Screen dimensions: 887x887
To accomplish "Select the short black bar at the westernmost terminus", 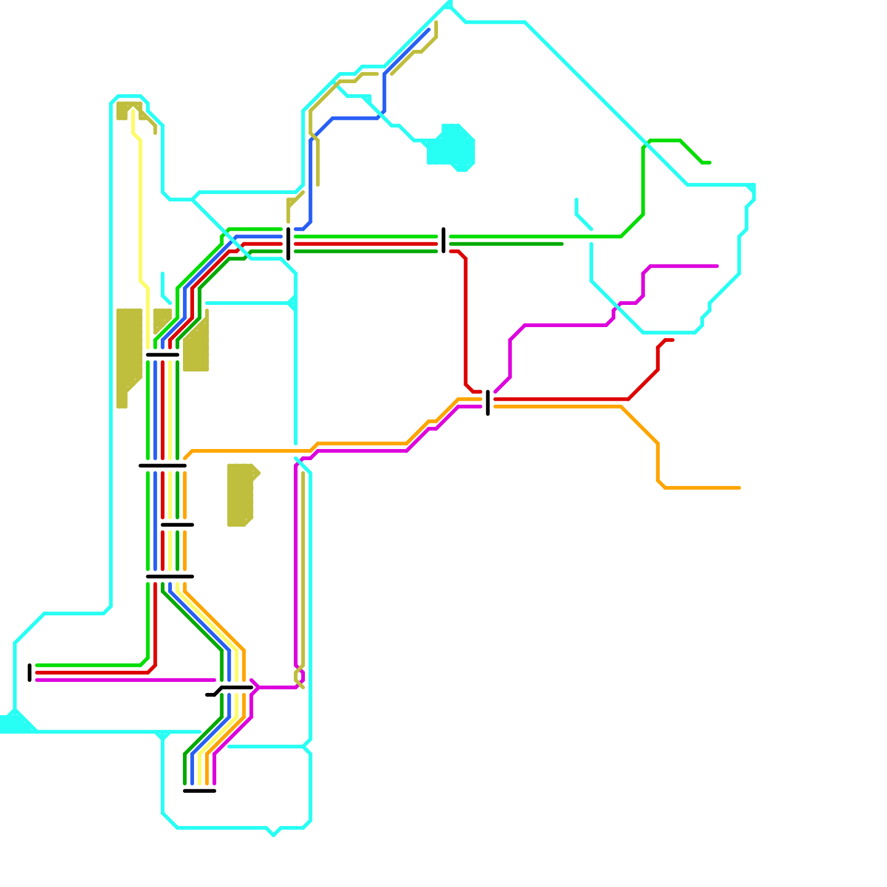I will [30, 672].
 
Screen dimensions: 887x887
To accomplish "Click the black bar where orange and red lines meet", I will [488, 402].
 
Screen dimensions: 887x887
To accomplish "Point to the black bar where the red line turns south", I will [443, 240].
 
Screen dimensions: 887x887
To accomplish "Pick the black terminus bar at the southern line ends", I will [200, 791].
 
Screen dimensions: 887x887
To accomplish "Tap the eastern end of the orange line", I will [739, 488].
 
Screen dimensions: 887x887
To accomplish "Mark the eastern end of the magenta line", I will [717, 266].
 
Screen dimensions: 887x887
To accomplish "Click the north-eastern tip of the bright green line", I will [709, 162].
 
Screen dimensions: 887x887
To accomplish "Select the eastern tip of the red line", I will [672, 340].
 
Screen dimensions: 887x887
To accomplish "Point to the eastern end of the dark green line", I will [562, 244].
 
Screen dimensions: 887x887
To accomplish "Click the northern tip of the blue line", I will [429, 30].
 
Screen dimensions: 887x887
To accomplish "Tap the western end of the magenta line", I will [37, 680].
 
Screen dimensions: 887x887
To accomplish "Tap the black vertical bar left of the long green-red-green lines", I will [288, 243].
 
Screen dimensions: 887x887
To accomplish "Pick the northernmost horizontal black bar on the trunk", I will [162, 355].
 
